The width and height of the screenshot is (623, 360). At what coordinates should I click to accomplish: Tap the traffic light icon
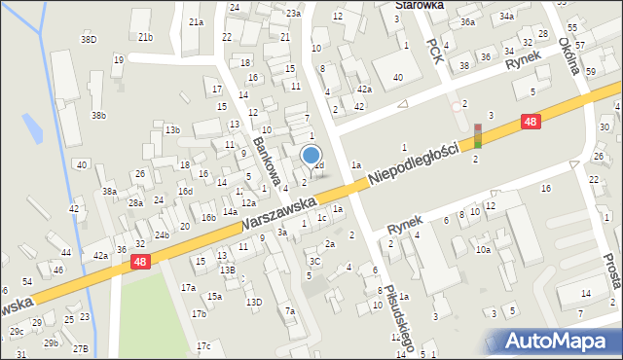point(477,134)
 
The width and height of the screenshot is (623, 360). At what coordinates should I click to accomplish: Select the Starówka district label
point(419,5)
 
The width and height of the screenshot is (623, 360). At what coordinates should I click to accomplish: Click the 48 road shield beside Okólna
point(530,122)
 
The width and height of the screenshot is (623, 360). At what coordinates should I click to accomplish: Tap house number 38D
point(89,40)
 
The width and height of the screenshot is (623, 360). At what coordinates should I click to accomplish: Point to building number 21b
point(145,37)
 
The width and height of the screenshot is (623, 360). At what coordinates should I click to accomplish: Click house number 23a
point(293,13)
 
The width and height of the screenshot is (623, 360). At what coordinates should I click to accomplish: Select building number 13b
point(172,129)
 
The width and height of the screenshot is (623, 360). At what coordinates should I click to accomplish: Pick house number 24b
point(162,234)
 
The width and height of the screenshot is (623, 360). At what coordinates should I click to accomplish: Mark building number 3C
point(314,261)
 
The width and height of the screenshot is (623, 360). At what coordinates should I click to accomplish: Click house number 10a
point(483,250)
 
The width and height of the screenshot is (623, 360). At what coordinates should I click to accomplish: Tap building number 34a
point(507,17)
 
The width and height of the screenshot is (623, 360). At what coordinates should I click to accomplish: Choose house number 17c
point(202,345)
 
